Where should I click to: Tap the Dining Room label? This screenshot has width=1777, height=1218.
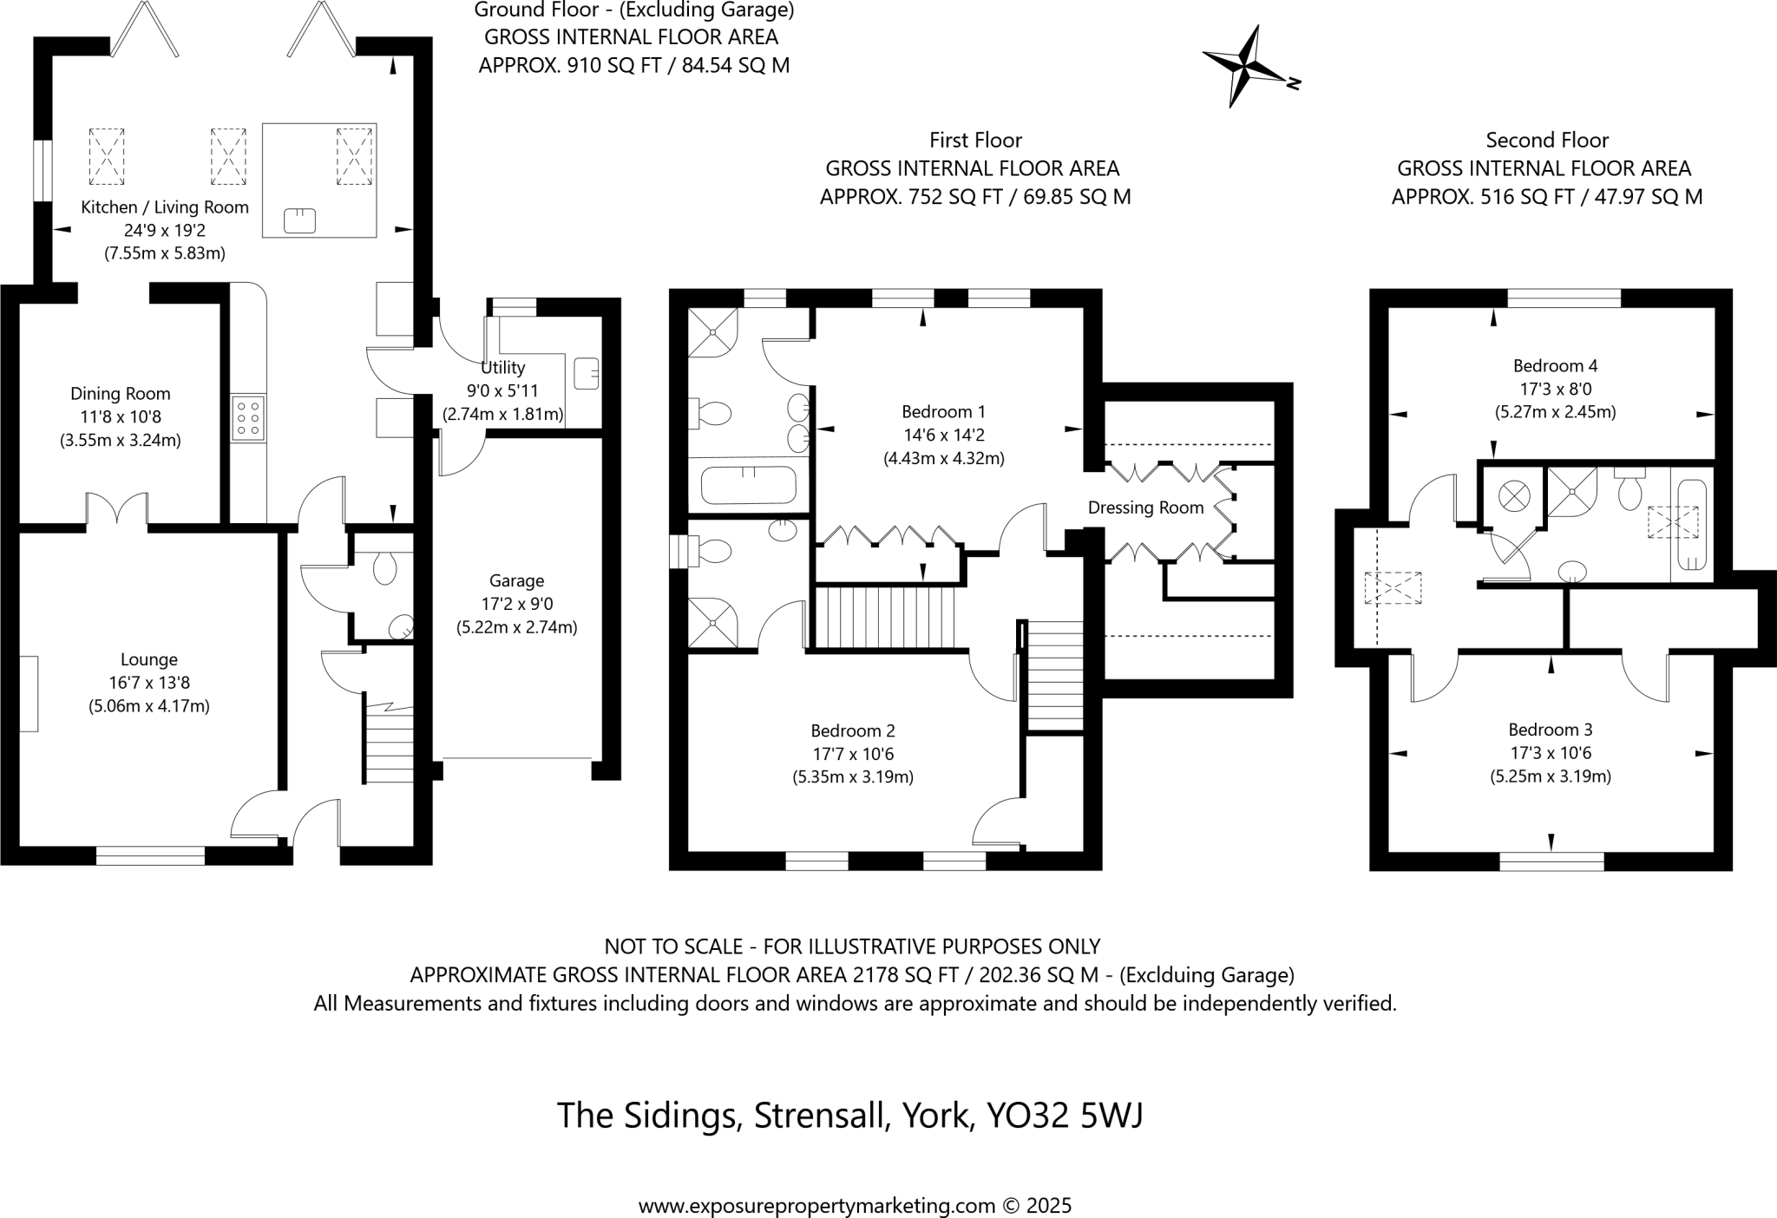pyautogui.click(x=120, y=394)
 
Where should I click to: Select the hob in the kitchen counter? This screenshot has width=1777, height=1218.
pyautogui.click(x=248, y=418)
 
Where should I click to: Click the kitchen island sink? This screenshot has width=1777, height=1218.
pyautogui.click(x=300, y=221)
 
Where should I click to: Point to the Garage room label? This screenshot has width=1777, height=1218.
pyautogui.click(x=516, y=580)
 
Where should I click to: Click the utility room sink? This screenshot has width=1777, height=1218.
pyautogui.click(x=587, y=373)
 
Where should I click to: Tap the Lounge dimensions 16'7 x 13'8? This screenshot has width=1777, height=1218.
pyautogui.click(x=149, y=683)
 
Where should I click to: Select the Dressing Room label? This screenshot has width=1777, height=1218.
pyautogui.click(x=1145, y=507)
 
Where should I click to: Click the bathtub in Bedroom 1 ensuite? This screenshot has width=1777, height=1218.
pyautogui.click(x=748, y=485)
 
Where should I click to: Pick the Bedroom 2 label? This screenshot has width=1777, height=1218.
pyautogui.click(x=852, y=730)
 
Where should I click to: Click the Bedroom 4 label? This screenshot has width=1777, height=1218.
pyautogui.click(x=1555, y=365)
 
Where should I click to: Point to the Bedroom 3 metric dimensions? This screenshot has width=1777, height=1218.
pyautogui.click(x=1551, y=776)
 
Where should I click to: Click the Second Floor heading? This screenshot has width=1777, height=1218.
pyautogui.click(x=1547, y=140)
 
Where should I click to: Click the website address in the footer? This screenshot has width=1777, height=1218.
pyautogui.click(x=816, y=1205)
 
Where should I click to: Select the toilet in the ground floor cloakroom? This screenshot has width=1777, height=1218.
pyautogui.click(x=384, y=568)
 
